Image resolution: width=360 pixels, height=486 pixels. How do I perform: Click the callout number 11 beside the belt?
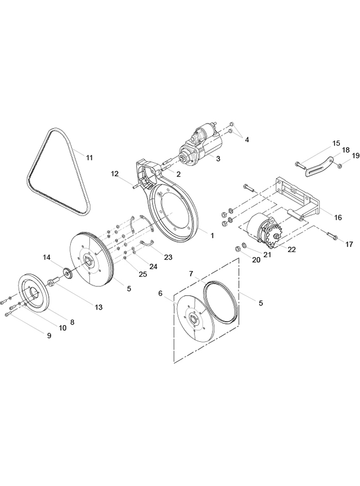pos(89,157)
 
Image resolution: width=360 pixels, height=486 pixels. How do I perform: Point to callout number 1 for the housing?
pos(211,236)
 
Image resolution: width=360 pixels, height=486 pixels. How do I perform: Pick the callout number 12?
pos(115,173)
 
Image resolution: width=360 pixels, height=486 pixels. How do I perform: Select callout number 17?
pos(349,245)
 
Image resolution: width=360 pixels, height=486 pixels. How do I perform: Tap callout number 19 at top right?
pos(355,155)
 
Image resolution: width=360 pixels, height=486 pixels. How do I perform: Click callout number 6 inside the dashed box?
pos(160,293)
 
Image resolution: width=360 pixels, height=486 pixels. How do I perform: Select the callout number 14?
pos(47,257)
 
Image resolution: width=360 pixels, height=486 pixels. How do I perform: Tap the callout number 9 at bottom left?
pos(49,335)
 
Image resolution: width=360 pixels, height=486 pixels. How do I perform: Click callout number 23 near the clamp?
pos(168,257)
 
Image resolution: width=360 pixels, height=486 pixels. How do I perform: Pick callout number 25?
pos(143,274)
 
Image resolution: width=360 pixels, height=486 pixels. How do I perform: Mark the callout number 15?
pos(336,144)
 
